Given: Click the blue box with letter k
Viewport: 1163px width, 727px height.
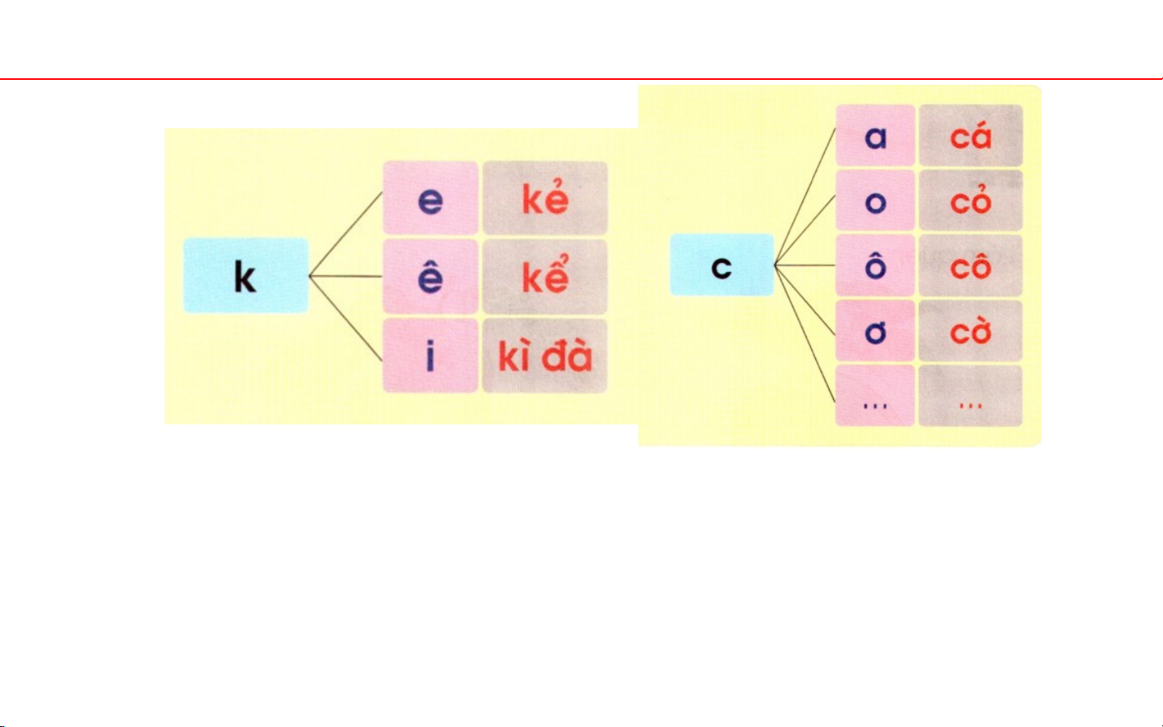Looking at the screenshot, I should (x=245, y=276).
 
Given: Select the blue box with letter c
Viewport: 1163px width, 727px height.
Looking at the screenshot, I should (x=722, y=265).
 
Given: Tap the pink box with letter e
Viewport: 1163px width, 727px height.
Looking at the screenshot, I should (x=430, y=198).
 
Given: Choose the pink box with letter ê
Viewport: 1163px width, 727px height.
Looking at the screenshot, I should (x=430, y=276).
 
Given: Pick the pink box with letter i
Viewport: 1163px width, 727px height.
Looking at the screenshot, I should (x=430, y=356).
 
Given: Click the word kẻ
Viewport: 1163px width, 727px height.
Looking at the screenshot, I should (x=545, y=198).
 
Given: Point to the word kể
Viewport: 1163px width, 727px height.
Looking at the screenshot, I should (x=545, y=276).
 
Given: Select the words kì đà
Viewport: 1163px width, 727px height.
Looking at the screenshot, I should (x=545, y=356).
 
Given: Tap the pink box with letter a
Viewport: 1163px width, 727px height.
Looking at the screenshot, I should (x=875, y=136).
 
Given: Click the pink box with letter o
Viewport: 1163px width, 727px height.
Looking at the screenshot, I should (x=875, y=201).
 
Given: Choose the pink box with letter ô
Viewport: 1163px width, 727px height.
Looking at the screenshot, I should (x=875, y=265).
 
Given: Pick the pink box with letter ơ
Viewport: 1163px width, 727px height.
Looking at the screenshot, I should (x=875, y=331).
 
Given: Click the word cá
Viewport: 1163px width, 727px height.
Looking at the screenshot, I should (x=970, y=136).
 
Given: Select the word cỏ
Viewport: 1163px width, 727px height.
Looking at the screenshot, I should (x=970, y=201).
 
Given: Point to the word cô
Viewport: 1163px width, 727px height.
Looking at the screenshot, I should (x=970, y=265).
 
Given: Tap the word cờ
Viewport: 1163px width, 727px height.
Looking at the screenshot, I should (x=970, y=331).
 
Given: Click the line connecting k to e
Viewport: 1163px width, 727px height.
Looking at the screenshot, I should (x=346, y=234).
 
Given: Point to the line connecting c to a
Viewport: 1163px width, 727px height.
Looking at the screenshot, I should (x=805, y=198).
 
